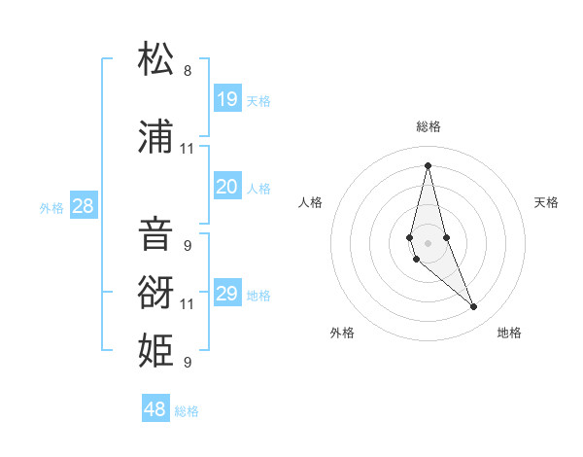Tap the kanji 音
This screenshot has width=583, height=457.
click(x=155, y=233)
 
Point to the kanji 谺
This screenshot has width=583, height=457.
click(x=155, y=290)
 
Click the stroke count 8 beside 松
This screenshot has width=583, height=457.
click(x=188, y=71)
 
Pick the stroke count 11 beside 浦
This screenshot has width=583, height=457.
click(x=188, y=149)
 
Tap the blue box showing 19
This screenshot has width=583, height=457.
click(x=227, y=98)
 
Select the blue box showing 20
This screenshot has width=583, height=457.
click(x=227, y=187)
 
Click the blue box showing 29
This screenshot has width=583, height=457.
click(x=227, y=294)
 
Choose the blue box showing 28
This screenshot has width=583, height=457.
click(x=83, y=205)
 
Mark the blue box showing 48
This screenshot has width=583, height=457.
click(x=155, y=409)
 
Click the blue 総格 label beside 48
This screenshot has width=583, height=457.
click(x=187, y=411)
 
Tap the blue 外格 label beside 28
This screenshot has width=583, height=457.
click(x=51, y=207)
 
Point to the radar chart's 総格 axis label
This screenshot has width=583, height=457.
click(x=429, y=126)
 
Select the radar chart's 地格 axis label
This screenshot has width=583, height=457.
click(x=509, y=333)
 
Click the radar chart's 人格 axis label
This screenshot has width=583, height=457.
click(x=310, y=202)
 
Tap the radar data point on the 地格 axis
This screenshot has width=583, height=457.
click(x=474, y=307)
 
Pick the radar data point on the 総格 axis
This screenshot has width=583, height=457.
click(x=428, y=164)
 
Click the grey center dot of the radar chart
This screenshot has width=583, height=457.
click(x=428, y=242)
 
